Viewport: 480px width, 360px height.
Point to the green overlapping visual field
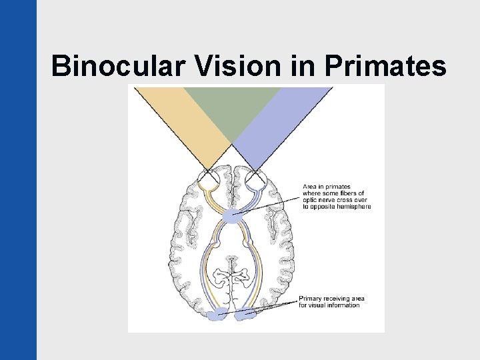coord(231,107)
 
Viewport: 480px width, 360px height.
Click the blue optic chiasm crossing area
coord(233,215)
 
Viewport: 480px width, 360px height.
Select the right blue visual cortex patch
coord(248,315)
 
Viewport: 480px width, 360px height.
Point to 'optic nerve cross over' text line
coord(334,200)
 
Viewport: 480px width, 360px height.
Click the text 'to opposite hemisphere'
coord(337,207)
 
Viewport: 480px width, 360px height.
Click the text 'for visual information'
coord(329,305)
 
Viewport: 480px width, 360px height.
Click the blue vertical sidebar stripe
coord(18,180)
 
